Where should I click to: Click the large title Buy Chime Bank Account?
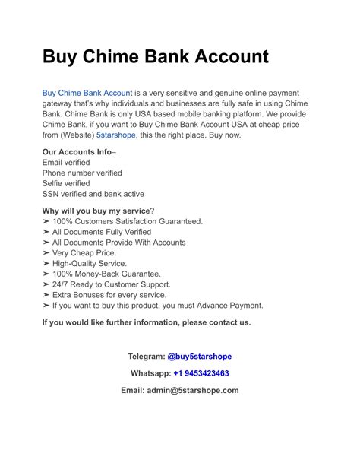[155, 57]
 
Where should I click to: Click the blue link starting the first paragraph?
[87, 94]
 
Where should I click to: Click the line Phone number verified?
[82, 173]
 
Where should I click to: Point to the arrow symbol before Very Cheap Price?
[46, 253]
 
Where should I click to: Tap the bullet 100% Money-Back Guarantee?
[114, 274]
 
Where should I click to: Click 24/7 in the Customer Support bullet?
[63, 284]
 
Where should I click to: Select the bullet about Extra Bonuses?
[109, 295]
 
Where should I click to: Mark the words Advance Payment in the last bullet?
[228, 306]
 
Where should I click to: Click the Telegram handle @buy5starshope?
[199, 357]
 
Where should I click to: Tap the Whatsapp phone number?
[201, 373]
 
